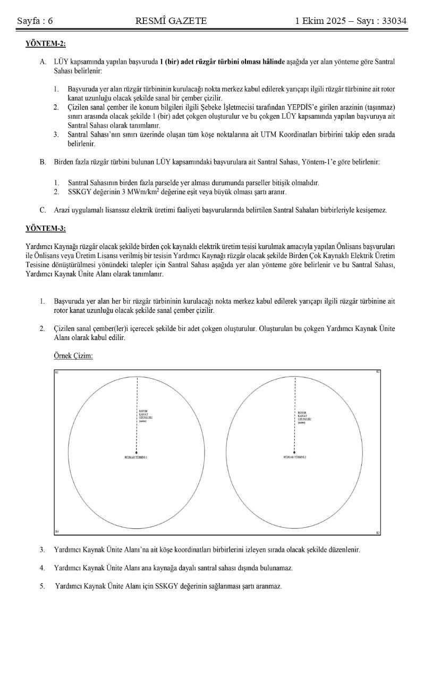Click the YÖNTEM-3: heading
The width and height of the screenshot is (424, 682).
tap(45, 229)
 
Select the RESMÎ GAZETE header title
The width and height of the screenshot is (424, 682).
tap(171, 21)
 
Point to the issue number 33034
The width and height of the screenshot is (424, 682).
tap(390, 21)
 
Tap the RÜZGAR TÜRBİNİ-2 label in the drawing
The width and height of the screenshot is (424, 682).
tap(295, 457)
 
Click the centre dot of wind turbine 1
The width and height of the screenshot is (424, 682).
tap(138, 452)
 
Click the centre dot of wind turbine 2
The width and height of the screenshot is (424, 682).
tap(295, 452)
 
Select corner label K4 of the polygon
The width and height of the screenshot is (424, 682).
tap(57, 532)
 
